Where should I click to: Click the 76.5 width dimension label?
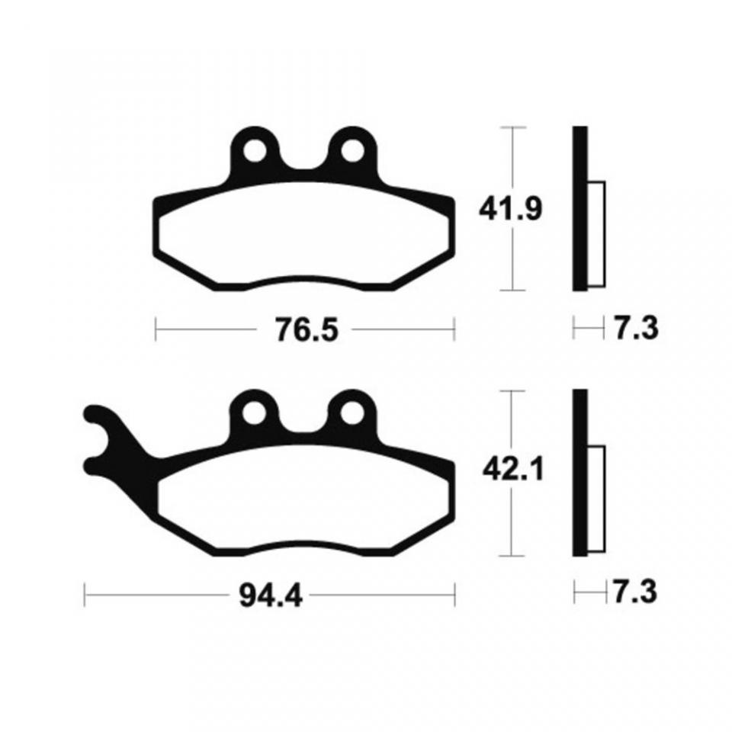pos(307,329)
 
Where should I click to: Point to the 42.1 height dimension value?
pos(513,470)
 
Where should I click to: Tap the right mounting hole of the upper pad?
pos(352,150)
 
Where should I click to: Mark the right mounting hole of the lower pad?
pos(352,413)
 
